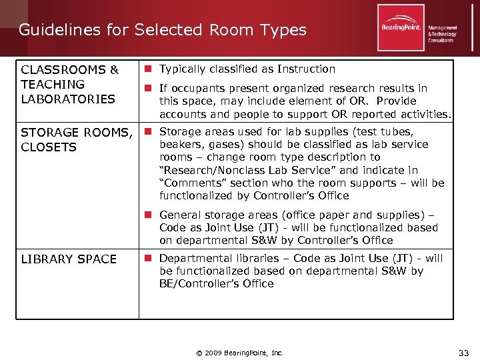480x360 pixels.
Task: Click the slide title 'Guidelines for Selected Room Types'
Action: coord(163,30)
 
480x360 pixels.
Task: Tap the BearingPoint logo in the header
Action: coord(401,28)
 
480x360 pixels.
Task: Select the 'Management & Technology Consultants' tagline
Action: coord(442,34)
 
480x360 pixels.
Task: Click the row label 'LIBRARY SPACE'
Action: coord(69,259)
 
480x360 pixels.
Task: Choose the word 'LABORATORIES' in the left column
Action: coord(68,99)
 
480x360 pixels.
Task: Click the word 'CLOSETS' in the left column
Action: coord(49,147)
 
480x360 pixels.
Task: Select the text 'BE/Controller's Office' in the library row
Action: coord(217,284)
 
